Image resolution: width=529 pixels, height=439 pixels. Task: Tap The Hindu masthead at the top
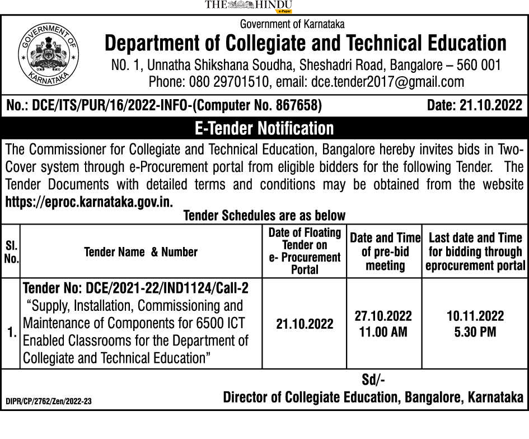(x=249, y=6)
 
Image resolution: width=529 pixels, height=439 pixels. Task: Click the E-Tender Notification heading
(x=264, y=128)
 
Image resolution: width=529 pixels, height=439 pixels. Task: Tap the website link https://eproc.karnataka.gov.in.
(x=89, y=201)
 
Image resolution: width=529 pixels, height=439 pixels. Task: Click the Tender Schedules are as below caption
(x=264, y=216)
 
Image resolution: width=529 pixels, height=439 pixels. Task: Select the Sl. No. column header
(x=11, y=252)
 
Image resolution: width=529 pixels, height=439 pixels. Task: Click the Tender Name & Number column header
(x=141, y=252)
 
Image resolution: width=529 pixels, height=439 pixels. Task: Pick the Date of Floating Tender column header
(x=305, y=251)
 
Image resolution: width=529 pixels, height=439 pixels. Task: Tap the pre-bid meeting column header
(x=385, y=251)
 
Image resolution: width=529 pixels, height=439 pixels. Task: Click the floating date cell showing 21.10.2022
(x=305, y=324)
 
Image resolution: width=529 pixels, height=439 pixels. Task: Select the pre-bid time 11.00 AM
(x=383, y=331)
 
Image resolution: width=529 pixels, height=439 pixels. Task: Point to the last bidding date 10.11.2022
(x=475, y=316)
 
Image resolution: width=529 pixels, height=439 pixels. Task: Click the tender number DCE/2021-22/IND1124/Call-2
(x=166, y=288)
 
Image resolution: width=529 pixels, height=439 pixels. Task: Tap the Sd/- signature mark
(x=373, y=380)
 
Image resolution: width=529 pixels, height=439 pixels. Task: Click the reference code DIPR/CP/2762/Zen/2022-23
(x=48, y=401)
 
